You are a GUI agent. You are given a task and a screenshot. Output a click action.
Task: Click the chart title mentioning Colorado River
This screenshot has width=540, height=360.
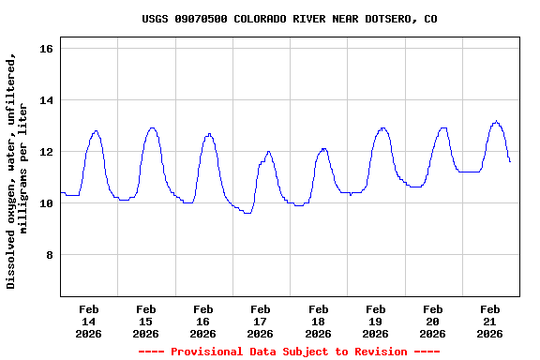click(x=289, y=19)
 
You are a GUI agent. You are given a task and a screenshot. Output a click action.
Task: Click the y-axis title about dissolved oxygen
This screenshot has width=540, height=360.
click(x=18, y=171)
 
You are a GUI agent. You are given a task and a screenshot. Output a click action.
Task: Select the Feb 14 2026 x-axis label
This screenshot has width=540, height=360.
click(x=89, y=321)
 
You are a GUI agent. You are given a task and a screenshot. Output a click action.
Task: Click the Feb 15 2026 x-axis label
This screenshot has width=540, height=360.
click(x=146, y=321)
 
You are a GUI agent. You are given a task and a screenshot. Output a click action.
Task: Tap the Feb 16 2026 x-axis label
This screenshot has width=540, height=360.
click(x=203, y=321)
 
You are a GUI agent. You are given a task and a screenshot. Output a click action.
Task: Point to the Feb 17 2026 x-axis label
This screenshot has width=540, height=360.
click(x=261, y=321)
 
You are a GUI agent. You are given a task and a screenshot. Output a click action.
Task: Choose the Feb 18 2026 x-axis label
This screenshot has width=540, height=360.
click(x=318, y=321)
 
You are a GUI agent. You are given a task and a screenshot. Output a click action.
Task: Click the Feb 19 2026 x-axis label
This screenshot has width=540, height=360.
click(x=375, y=321)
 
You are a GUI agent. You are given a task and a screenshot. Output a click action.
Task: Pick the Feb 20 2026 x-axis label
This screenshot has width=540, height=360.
click(x=432, y=321)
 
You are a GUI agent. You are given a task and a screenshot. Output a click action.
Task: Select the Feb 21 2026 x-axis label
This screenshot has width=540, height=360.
click(x=489, y=321)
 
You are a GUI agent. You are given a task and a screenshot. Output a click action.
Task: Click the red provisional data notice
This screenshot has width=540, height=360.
click(x=289, y=352)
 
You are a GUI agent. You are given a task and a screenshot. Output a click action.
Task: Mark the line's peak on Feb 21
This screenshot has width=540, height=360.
click(x=496, y=121)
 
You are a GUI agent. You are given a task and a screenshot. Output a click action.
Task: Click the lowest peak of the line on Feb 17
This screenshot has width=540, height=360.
click(x=268, y=151)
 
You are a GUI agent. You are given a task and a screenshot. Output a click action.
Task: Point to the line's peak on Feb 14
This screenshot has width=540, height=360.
click(x=96, y=131)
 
